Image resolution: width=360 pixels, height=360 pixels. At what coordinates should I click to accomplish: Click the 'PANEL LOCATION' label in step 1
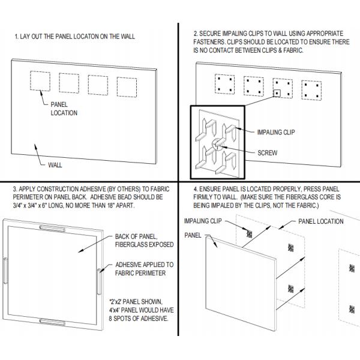tap(64, 108)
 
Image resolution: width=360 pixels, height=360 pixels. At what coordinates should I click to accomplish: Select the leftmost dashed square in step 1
tap(41, 82)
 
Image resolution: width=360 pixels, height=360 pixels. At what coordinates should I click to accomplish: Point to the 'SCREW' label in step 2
tap(266, 153)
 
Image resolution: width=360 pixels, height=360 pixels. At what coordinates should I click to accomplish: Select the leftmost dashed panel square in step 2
tap(225, 85)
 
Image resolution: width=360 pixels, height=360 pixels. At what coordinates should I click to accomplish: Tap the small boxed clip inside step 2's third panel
tap(278, 93)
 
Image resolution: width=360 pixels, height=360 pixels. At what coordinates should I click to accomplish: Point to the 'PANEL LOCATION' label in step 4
tap(321, 221)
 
